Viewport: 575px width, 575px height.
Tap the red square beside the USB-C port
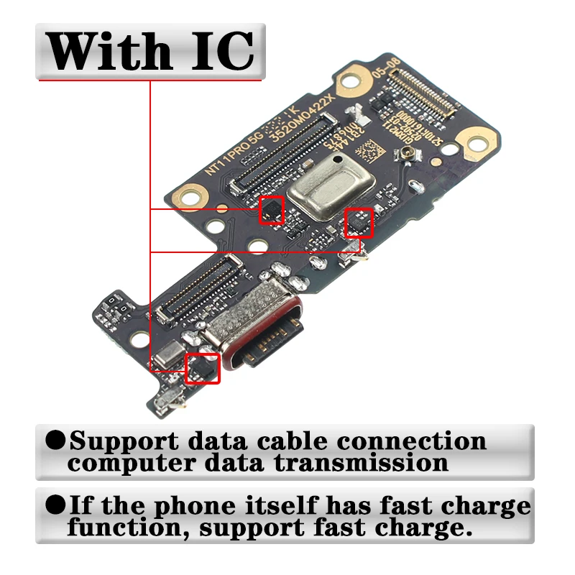coord(203,368)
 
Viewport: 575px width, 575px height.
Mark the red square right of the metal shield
coord(359,223)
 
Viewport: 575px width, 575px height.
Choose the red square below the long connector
coord(272,210)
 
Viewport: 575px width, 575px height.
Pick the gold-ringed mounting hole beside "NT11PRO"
coord(189,194)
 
